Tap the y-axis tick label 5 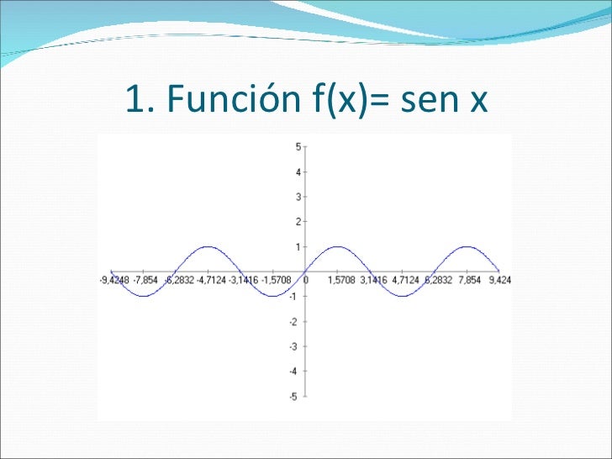tap(298, 146)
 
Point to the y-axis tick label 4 tap(298, 171)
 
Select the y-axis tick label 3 tap(298, 197)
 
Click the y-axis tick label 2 tap(298, 222)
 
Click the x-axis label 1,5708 tap(340, 280)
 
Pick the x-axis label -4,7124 tap(210, 280)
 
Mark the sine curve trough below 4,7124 tap(402, 296)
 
